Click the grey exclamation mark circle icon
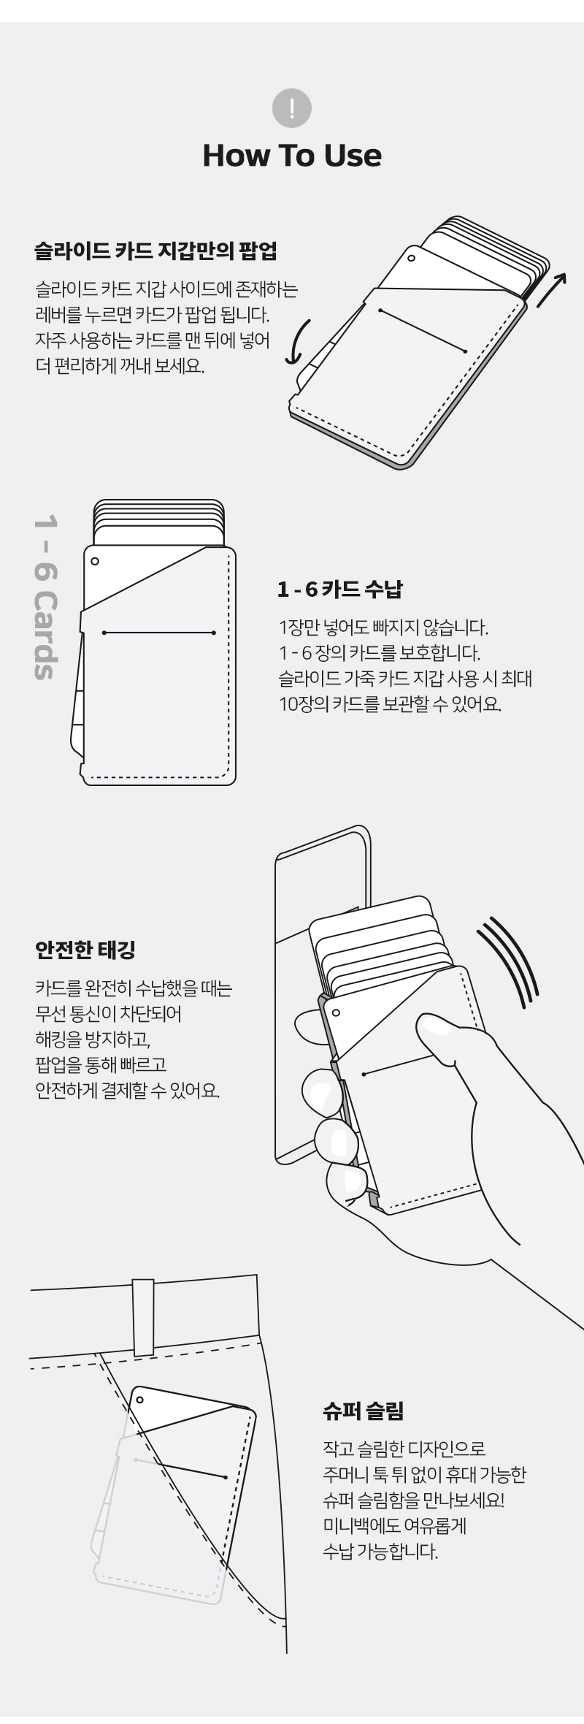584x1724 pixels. click(292, 109)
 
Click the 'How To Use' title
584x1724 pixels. click(292, 155)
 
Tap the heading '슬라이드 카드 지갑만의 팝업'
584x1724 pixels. click(156, 252)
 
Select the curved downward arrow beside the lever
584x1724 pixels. click(300, 342)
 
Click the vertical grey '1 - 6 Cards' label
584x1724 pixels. click(45, 598)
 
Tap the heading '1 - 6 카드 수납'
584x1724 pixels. click(340, 589)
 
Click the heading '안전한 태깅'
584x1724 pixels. click(85, 950)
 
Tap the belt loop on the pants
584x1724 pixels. click(143, 1316)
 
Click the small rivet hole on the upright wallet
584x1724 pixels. click(94, 562)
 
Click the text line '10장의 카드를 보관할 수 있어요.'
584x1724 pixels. click(391, 705)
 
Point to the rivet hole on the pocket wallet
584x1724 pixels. click(139, 1400)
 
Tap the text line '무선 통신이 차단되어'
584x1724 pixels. click(108, 1013)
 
